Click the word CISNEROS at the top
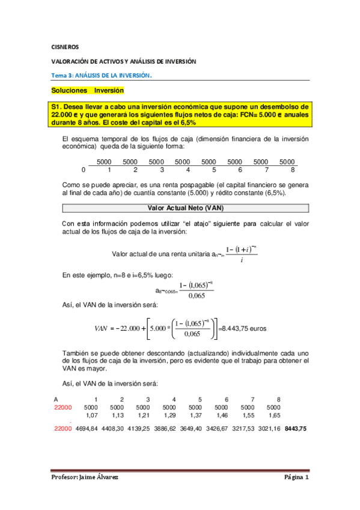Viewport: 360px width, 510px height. pos(62,46)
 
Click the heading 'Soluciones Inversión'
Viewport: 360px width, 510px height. pos(88,90)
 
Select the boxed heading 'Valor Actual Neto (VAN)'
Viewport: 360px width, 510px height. pos(185,208)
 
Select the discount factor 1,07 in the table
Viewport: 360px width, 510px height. pos(92,414)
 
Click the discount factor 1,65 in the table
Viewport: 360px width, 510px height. pos(274,414)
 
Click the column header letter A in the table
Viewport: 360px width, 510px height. pos(55,400)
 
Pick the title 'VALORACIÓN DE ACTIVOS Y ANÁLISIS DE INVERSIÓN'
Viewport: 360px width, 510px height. pos(123,61)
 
